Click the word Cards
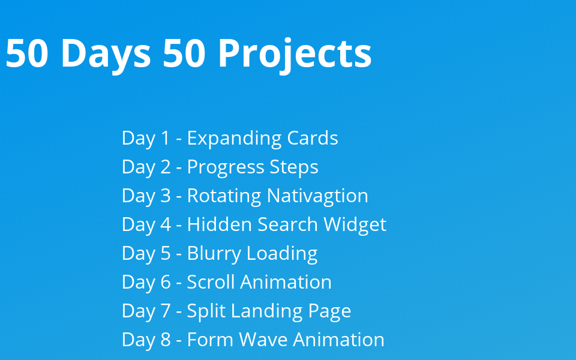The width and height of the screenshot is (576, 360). coord(312,138)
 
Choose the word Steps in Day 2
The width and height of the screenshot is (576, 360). coord(294,167)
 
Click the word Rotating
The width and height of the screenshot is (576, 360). coord(224,196)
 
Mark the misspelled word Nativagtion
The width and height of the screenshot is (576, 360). coord(317,196)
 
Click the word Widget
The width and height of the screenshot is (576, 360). coord(355,224)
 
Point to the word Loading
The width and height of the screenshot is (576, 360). coord(281,253)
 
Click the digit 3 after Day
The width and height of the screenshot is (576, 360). coord(166,196)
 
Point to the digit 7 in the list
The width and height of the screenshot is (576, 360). coord(166,311)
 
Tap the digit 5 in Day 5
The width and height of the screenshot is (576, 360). coord(166,253)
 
